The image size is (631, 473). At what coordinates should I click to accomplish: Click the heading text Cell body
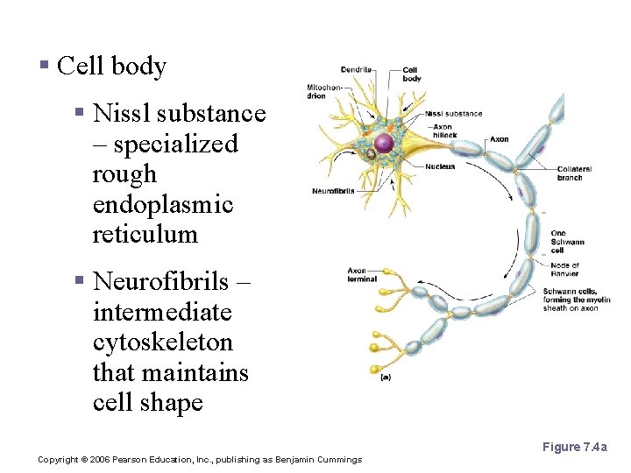tap(111, 67)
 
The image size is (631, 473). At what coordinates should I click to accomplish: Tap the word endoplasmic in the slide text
tap(162, 204)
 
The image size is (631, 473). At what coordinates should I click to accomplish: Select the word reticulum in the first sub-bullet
tap(145, 235)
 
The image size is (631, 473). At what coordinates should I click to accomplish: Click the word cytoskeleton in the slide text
tap(162, 342)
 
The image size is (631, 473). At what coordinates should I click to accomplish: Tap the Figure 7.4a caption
tap(574, 448)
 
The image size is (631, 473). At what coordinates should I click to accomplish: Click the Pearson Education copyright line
tap(200, 460)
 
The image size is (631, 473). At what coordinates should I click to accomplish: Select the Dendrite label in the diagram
tap(356, 70)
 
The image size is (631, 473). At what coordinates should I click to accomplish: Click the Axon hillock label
tap(444, 131)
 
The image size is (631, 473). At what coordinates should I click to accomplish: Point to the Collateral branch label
tap(574, 173)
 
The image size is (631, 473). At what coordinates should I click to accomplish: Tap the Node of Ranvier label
tap(564, 269)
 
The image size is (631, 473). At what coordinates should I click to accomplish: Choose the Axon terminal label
tap(362, 275)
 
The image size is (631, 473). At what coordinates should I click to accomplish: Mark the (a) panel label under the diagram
tap(386, 378)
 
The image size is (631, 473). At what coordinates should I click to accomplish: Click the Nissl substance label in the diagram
tap(453, 114)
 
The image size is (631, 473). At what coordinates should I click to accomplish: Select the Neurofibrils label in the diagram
tap(333, 192)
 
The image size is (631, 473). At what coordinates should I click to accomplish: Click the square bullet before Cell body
tap(45, 67)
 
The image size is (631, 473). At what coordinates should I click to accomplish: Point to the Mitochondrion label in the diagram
tap(319, 91)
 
